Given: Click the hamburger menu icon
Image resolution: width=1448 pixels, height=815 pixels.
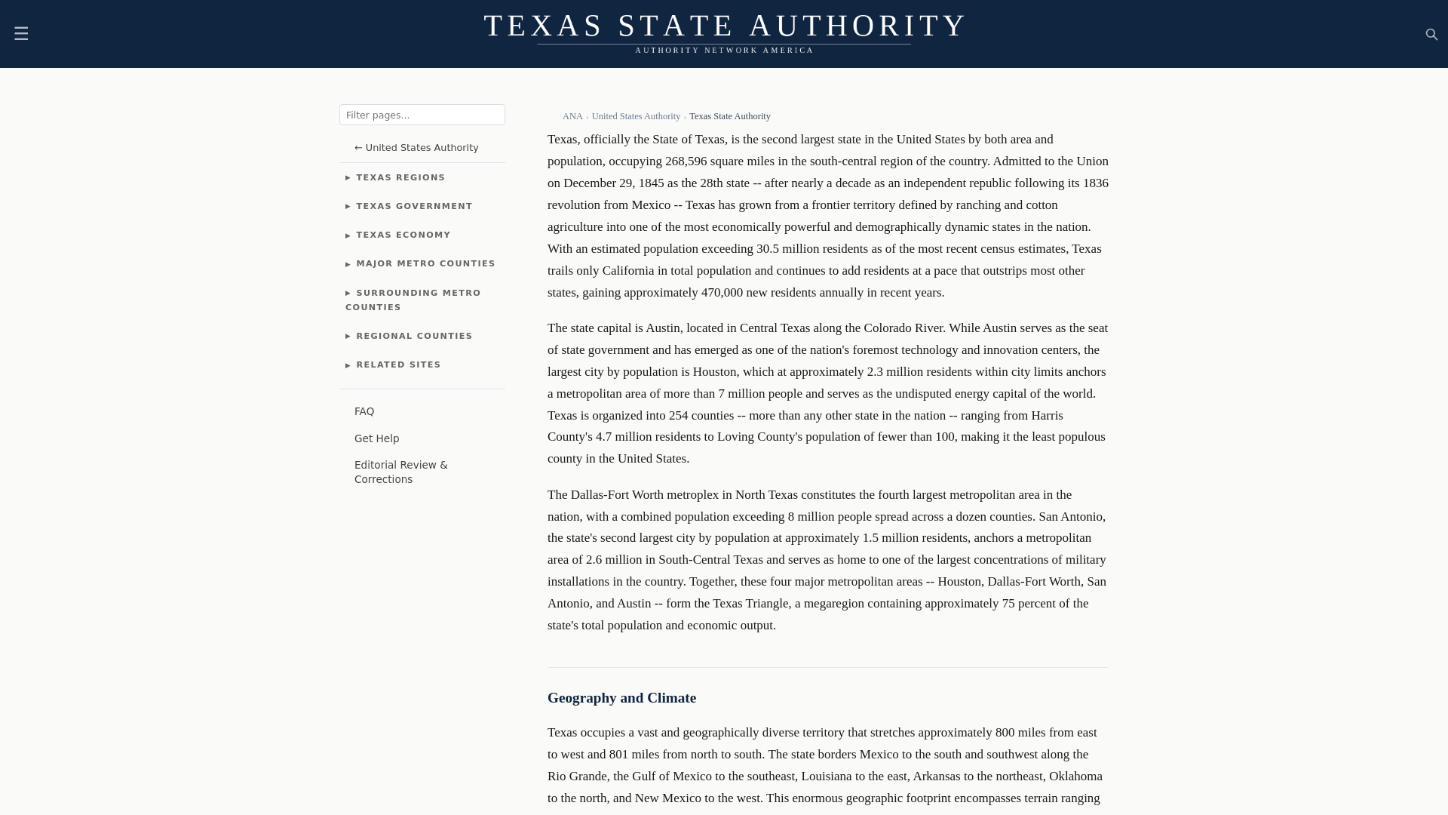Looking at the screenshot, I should click(21, 34).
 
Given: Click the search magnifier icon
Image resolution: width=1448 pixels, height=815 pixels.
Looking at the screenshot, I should click(1431, 35).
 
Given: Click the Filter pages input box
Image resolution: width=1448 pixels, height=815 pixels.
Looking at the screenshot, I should click(422, 115).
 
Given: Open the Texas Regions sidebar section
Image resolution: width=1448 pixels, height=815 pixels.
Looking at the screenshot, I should click(400, 177).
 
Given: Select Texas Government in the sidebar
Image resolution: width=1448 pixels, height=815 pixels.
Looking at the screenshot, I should click(413, 206).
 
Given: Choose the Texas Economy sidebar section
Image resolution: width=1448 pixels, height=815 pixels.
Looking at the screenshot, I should click(403, 235).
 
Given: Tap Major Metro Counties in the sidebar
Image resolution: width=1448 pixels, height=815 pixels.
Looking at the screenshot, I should click(425, 263).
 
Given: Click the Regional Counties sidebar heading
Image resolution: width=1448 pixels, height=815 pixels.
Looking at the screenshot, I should click(413, 336).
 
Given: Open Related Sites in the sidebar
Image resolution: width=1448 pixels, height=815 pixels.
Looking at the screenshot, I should click(397, 364).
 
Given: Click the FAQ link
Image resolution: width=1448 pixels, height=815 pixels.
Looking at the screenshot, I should click(364, 411).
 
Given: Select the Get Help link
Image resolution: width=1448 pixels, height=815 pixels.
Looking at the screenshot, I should click(376, 438).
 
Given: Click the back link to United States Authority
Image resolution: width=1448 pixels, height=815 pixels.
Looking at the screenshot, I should click(416, 148).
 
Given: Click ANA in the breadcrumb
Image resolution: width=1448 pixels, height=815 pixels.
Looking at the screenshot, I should click(572, 116).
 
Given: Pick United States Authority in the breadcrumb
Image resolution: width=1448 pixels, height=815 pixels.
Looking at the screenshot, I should click(635, 116).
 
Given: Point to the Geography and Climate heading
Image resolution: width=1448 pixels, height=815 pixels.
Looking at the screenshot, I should click(621, 698).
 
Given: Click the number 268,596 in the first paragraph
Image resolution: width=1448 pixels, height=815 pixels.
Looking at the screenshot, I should click(686, 161).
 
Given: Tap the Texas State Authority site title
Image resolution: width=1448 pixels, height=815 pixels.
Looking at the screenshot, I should click(724, 26).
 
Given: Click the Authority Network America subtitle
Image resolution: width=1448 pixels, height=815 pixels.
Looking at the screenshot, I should click(724, 51).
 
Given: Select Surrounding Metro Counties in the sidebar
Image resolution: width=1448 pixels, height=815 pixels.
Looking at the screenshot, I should click(413, 300).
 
